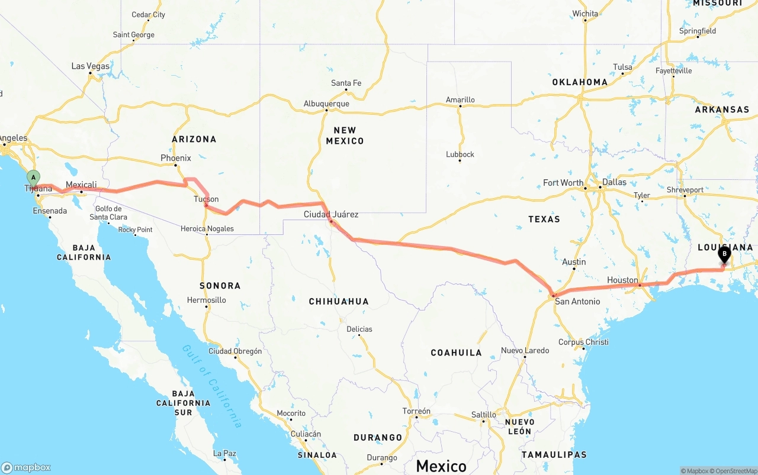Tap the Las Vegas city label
point(91,66)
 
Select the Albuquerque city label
point(326,104)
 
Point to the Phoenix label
point(176,158)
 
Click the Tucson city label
point(206,199)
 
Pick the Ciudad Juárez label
point(331,214)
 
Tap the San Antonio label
point(577,301)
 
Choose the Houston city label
point(622,280)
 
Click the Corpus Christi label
point(583,342)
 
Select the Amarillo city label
point(460,99)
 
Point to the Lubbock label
point(460,154)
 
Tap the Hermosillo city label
point(206,300)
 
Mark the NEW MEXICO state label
point(345,135)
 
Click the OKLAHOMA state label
point(580,82)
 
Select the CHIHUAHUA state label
point(339,302)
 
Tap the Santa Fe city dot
point(346,91)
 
